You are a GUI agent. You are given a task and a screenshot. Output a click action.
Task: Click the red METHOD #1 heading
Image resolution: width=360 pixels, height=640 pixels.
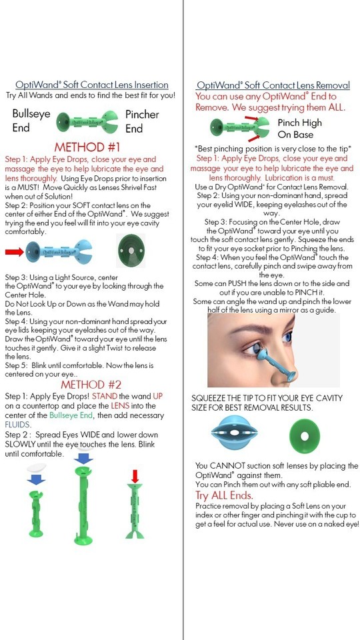(87, 147)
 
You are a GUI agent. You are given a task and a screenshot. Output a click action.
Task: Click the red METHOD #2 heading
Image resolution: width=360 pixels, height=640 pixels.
(91, 385)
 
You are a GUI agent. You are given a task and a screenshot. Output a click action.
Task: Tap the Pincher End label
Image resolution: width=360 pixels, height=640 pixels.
(142, 121)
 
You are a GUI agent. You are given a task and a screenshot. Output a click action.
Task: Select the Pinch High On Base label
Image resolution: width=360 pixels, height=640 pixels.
(299, 128)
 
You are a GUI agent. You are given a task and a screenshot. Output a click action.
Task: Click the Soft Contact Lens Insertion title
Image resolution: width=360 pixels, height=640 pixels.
(92, 85)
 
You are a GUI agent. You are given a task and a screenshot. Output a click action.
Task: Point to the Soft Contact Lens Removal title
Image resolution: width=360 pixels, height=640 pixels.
(273, 85)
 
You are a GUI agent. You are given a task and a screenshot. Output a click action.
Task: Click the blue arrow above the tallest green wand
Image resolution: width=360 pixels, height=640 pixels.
(83, 459)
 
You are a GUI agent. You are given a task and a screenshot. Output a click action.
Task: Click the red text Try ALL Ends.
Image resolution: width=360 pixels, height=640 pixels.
(224, 495)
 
